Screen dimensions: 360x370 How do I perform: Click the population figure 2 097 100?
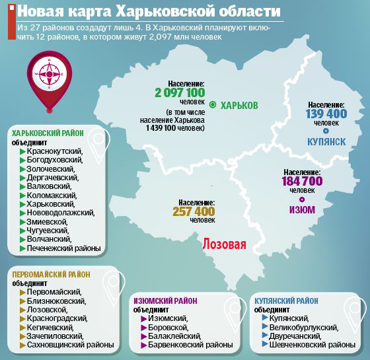180,93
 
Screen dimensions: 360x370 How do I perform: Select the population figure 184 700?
302,181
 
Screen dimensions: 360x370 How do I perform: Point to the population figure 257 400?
194,211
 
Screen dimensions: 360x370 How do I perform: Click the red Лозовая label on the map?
223,244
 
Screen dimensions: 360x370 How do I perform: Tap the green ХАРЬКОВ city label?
239,106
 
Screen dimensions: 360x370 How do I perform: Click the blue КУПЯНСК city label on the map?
327,141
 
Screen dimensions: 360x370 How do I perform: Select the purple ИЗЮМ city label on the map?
302,210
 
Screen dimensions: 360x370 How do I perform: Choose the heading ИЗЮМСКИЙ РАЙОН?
165,301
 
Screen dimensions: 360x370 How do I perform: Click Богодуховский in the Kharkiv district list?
55,160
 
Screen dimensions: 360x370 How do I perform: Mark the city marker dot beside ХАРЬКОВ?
213,105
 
